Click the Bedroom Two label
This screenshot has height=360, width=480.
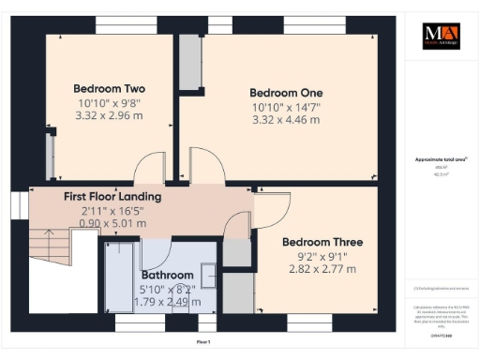[109, 89]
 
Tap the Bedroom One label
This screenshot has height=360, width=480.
[286, 93]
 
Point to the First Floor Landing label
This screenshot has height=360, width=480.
[112, 197]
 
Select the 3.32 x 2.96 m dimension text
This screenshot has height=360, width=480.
[109, 116]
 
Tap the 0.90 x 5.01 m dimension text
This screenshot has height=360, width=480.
[112, 224]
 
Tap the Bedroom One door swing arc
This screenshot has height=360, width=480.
[207, 163]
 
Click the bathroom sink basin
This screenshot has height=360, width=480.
[208, 274]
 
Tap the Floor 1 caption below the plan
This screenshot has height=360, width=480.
[202, 343]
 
